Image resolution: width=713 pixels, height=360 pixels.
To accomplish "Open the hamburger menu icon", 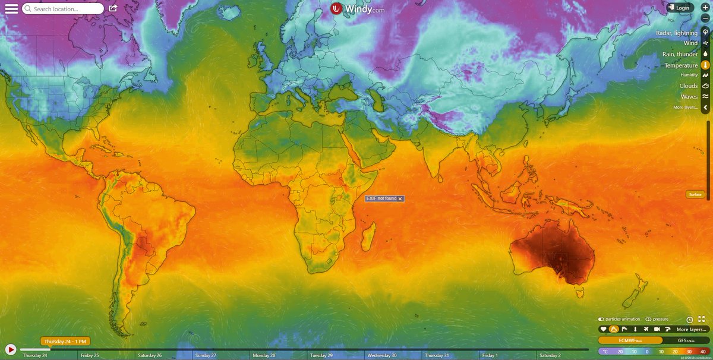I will [x=11, y=9].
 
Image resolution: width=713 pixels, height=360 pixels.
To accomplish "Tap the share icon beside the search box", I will [x=113, y=8].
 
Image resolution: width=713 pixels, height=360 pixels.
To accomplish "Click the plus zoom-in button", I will [x=705, y=5].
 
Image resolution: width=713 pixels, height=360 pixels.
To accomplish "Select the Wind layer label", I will [x=690, y=43].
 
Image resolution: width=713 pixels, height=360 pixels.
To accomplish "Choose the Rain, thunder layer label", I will [x=680, y=54].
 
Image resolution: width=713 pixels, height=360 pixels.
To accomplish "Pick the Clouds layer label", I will [x=689, y=86].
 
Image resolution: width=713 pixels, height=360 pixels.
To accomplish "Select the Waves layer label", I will [x=689, y=97].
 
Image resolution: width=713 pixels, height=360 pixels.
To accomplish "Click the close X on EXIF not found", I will [x=400, y=198].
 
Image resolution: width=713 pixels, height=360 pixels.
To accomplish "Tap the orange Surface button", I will [x=695, y=194].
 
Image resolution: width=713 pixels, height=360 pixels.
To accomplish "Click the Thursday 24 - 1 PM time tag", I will [x=65, y=342].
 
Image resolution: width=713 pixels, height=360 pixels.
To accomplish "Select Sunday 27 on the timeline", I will [x=206, y=355].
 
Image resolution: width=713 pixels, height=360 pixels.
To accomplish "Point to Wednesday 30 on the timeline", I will [x=381, y=355].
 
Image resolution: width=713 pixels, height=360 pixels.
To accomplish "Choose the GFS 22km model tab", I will [x=686, y=340].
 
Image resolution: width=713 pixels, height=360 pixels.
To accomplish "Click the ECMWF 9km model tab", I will [x=629, y=340].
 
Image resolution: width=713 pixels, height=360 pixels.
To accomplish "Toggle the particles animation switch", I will [x=601, y=319].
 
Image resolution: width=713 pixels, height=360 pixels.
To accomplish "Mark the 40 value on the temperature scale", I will [x=703, y=352].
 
